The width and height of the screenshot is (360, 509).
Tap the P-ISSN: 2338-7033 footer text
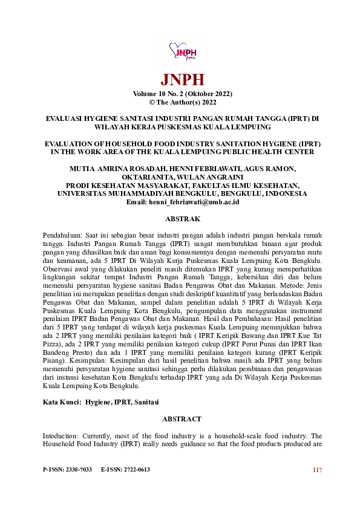pos(67,470)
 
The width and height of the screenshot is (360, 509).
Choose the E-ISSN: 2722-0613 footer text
pos(125,470)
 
